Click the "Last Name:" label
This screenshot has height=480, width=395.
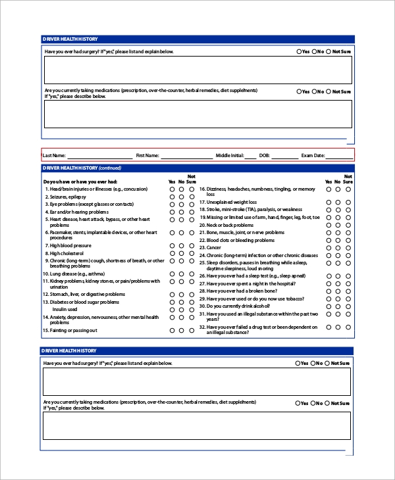coord(54,156)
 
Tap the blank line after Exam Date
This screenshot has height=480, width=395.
coord(339,156)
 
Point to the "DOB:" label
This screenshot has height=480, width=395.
coord(265,156)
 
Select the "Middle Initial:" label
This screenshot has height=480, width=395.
coord(230,156)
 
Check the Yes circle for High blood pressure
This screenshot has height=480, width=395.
coord(172,246)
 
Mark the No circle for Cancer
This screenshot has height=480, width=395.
coord(338,248)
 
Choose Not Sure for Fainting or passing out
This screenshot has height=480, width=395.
coord(192,330)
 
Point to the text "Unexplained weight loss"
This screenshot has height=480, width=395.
coord(232,202)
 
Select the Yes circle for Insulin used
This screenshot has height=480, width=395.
coord(172,309)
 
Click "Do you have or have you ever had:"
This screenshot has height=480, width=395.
coord(80,181)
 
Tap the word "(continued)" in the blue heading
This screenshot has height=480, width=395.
coord(111,168)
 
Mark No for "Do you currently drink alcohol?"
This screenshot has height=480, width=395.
coord(338,306)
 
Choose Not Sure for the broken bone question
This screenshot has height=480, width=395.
coord(349,291)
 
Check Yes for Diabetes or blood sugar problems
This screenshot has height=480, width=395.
coord(172,302)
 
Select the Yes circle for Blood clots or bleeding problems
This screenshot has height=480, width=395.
coord(328,240)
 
